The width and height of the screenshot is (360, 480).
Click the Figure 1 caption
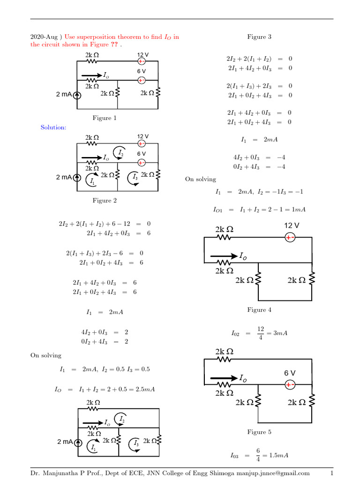click(105, 118)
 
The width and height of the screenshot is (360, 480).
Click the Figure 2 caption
click(105, 201)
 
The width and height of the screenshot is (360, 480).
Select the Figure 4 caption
click(259, 310)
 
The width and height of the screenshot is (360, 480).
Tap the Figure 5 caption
click(259, 432)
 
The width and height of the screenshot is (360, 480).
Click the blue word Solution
click(53, 127)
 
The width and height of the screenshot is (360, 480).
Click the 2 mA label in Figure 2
click(64, 177)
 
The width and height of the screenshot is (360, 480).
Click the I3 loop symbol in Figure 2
click(135, 177)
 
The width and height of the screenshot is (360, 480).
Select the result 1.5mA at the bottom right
click(279, 455)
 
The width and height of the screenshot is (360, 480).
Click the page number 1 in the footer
click(331, 473)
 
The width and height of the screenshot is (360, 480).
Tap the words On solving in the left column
click(46, 355)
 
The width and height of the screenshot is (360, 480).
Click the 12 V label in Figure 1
click(142, 55)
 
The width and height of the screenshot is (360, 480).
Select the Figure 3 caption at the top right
click(259, 37)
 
